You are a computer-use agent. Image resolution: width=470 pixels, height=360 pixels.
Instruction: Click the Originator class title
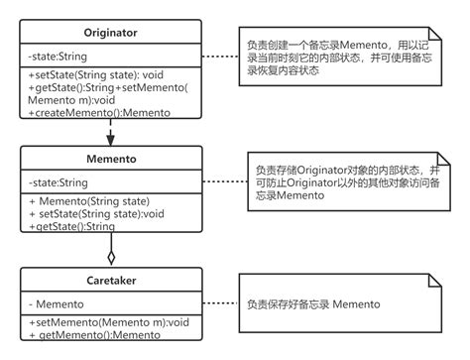[110, 33]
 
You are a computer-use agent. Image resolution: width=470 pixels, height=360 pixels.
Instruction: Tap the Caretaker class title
[110, 280]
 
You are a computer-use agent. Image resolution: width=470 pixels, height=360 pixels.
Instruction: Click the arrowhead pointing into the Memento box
[111, 140]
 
